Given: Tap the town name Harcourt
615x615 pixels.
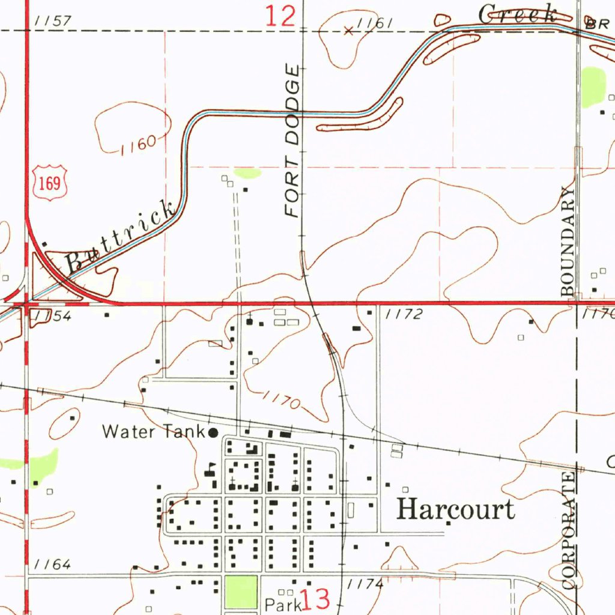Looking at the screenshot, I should (x=456, y=509).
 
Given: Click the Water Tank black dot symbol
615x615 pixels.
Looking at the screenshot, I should (x=213, y=432).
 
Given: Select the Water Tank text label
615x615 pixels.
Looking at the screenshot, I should (x=154, y=431).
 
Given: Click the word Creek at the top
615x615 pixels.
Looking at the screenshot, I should (x=518, y=14).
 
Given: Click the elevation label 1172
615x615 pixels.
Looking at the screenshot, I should (x=404, y=314).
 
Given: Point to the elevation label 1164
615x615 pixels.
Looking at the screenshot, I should (x=53, y=565).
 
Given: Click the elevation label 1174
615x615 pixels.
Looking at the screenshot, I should (x=365, y=583).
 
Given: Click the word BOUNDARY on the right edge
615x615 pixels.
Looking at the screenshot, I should (x=569, y=241).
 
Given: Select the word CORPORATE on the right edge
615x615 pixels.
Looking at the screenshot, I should (x=569, y=530).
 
